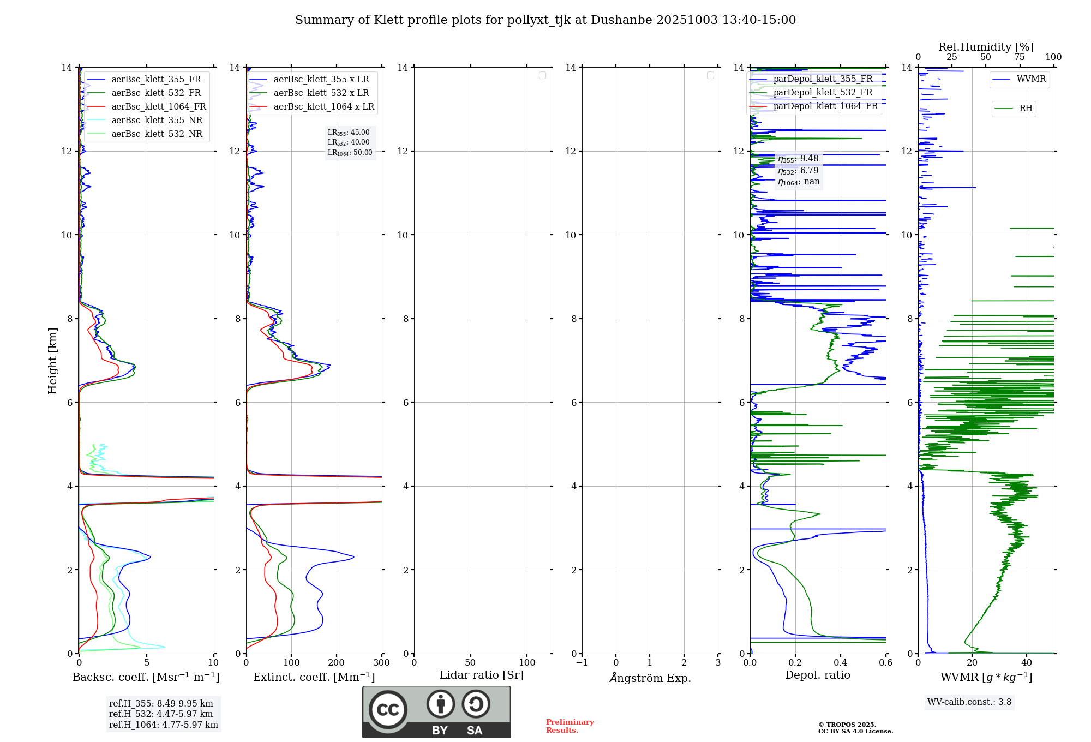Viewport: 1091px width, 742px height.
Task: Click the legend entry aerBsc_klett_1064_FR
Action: pyautogui.click(x=158, y=107)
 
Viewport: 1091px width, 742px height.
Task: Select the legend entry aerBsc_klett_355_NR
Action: pyautogui.click(x=157, y=121)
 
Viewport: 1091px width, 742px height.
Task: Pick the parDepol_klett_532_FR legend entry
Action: pyautogui.click(x=823, y=93)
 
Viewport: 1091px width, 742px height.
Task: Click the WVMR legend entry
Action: pyautogui.click(x=1031, y=79)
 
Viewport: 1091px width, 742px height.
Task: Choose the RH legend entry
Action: pyautogui.click(x=1026, y=109)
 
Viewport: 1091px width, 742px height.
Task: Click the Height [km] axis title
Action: pyautogui.click(x=52, y=360)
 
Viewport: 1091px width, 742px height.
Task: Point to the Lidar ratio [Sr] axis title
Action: pyautogui.click(x=482, y=675)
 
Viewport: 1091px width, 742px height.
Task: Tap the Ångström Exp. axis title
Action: pyautogui.click(x=650, y=678)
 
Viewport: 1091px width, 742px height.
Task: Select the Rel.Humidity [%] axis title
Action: pyautogui.click(x=986, y=47)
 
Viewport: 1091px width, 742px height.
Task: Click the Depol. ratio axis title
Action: pyautogui.click(x=817, y=675)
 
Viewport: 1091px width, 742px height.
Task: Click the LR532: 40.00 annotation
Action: pyautogui.click(x=349, y=142)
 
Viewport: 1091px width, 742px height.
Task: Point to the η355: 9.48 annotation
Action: pyautogui.click(x=798, y=159)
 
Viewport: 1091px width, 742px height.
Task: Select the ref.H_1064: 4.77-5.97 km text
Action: pyautogui.click(x=163, y=725)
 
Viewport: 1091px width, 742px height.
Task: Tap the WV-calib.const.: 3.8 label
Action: pyautogui.click(x=969, y=702)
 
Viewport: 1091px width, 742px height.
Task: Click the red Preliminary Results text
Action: pyautogui.click(x=570, y=726)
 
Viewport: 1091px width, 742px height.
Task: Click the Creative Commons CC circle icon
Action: pyautogui.click(x=388, y=710)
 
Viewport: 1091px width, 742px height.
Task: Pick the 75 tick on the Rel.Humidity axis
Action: pyautogui.click(x=1020, y=57)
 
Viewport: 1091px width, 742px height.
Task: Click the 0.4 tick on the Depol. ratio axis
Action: pyautogui.click(x=841, y=663)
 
